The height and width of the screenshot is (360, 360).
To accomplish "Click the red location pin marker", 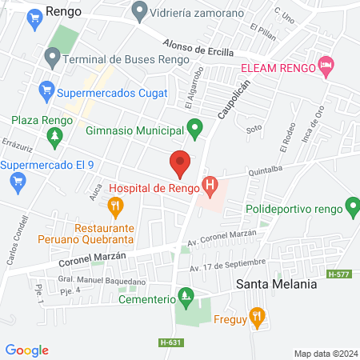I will click(x=180, y=163).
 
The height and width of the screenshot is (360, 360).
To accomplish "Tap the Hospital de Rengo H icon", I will click(x=210, y=188).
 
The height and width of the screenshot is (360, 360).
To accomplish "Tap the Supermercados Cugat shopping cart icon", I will click(x=46, y=90).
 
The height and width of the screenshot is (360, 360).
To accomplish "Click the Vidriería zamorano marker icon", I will click(x=140, y=12).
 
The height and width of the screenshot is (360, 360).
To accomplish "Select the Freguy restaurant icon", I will click(x=256, y=317).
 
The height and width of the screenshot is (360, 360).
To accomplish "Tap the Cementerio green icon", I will click(x=186, y=299).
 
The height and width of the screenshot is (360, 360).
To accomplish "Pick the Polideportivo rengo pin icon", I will click(x=350, y=210).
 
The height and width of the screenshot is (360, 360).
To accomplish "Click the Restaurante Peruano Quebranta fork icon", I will click(x=116, y=208).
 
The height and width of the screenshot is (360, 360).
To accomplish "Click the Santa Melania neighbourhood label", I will click(x=276, y=284).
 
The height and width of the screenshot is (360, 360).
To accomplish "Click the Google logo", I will click(x=26, y=350).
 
